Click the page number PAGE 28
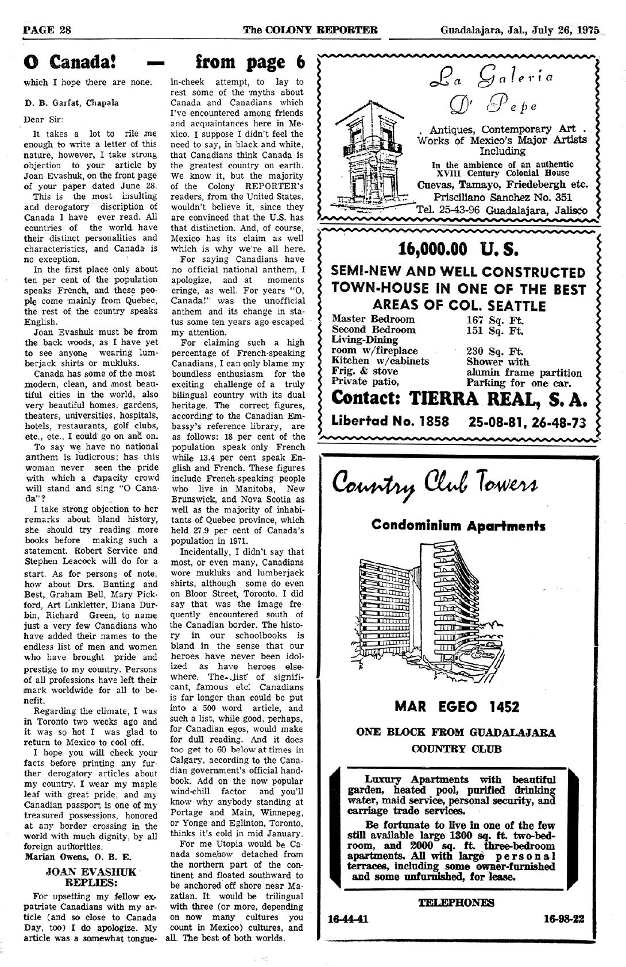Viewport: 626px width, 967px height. click(47, 30)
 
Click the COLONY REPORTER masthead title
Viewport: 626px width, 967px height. click(310, 30)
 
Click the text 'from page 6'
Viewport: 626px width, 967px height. click(250, 62)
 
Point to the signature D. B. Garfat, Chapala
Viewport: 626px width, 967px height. click(72, 103)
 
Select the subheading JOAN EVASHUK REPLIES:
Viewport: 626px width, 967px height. click(91, 877)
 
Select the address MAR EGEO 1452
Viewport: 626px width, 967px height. click(457, 706)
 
